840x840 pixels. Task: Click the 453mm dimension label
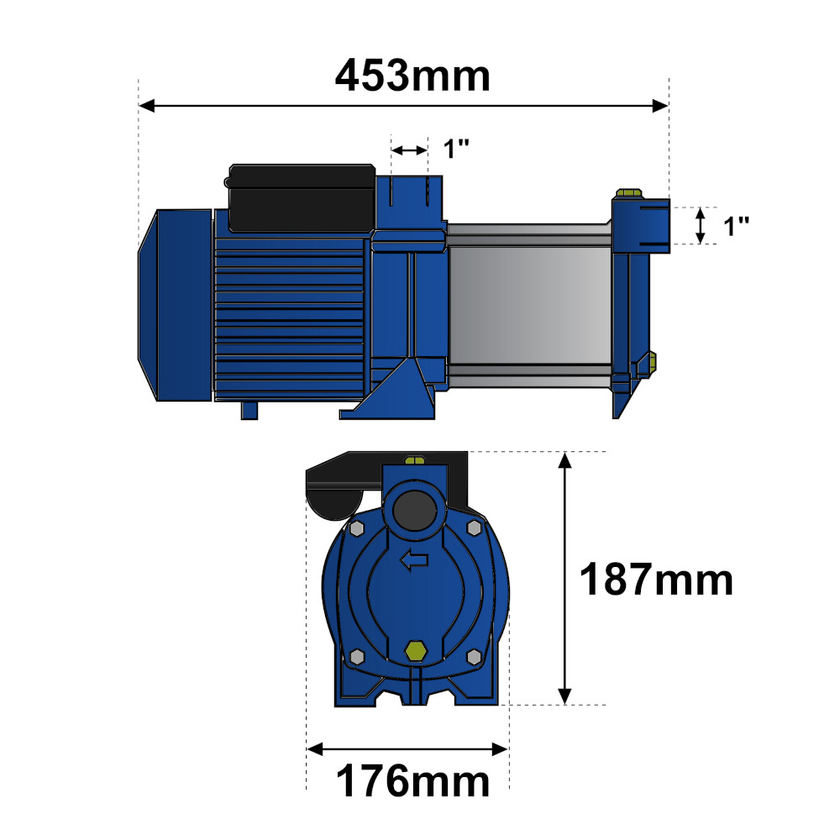pyautogui.click(x=412, y=76)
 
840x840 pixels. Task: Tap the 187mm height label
pyautogui.click(x=656, y=579)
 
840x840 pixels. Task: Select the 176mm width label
pyautogui.click(x=412, y=781)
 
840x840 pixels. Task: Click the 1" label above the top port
pyautogui.click(x=456, y=149)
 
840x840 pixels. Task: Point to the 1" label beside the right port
pyautogui.click(x=736, y=226)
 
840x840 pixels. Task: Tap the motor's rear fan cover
pyautogui.click(x=176, y=305)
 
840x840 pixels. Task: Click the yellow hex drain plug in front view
pyautogui.click(x=415, y=650)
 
